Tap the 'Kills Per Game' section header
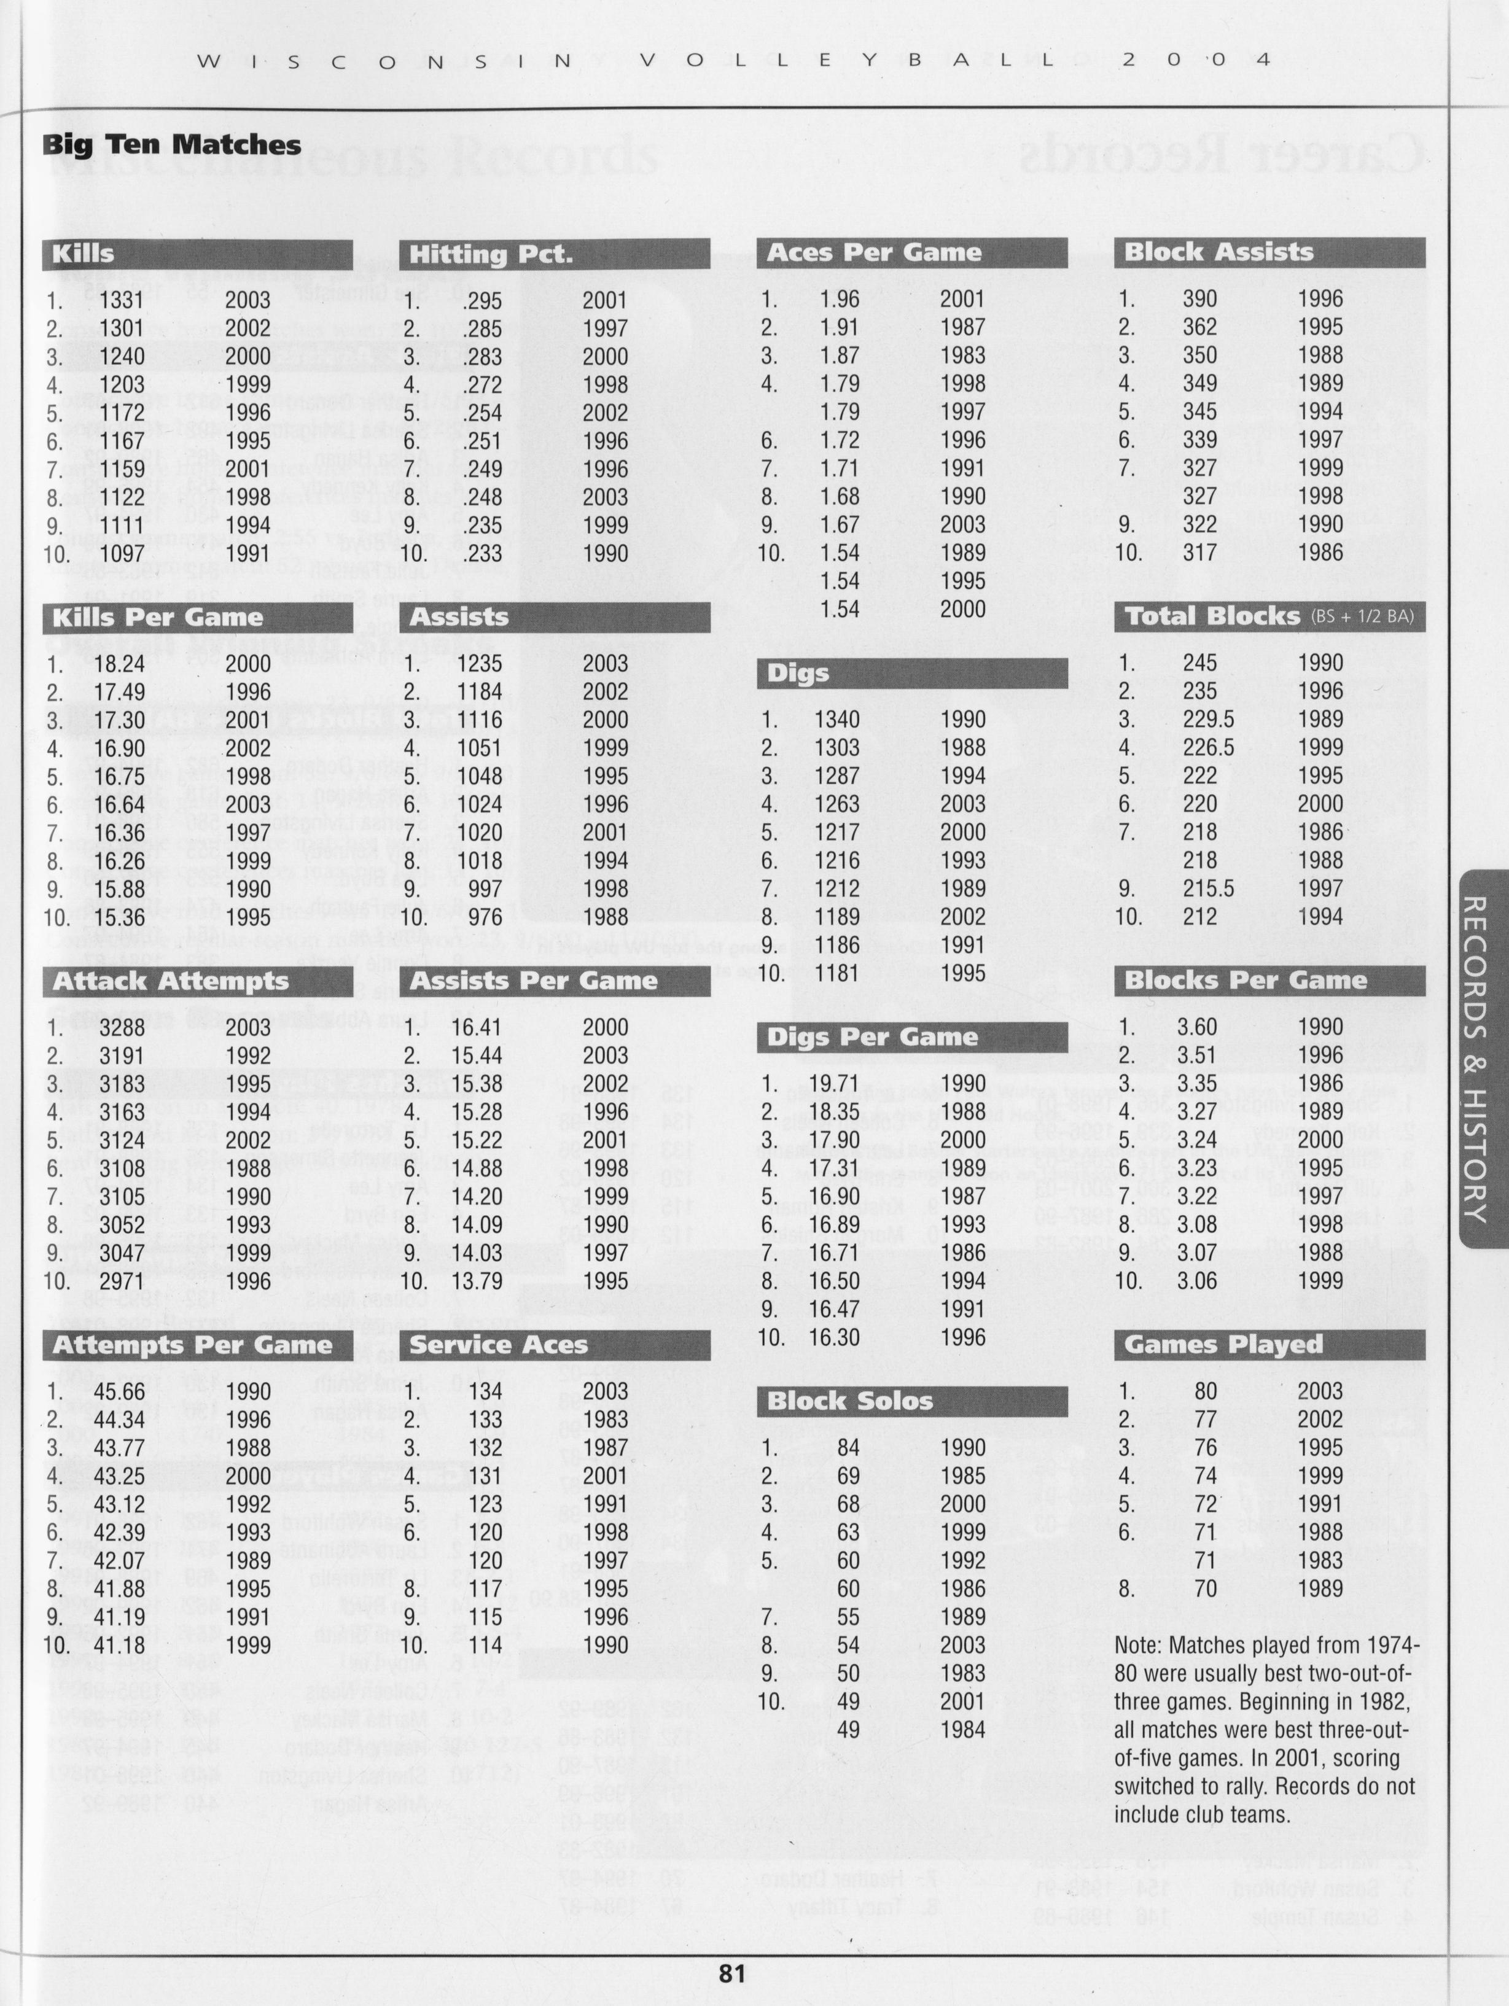[158, 618]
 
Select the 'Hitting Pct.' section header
[491, 254]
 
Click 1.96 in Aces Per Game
[838, 300]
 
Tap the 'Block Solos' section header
[850, 1401]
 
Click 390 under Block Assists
[1199, 300]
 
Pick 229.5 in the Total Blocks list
[1207, 720]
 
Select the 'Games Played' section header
[1223, 1345]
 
